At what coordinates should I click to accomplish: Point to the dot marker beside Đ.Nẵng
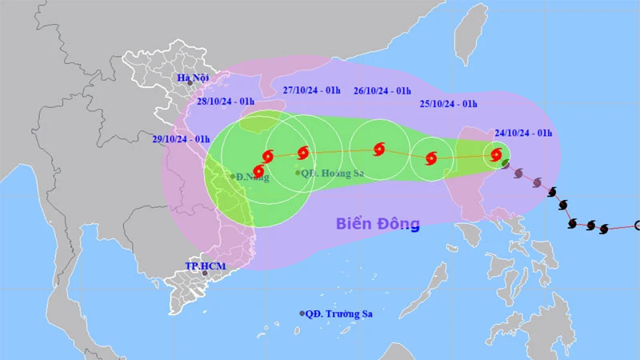[x=233, y=176]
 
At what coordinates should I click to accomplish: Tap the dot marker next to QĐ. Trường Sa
[x=302, y=314]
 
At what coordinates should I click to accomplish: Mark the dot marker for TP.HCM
[x=205, y=274]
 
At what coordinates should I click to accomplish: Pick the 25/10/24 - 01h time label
[x=448, y=104]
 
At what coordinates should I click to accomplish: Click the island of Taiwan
[x=472, y=32]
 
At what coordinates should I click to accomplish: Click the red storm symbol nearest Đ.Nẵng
[x=258, y=171]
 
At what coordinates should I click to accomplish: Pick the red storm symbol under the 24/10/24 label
[x=497, y=154]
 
